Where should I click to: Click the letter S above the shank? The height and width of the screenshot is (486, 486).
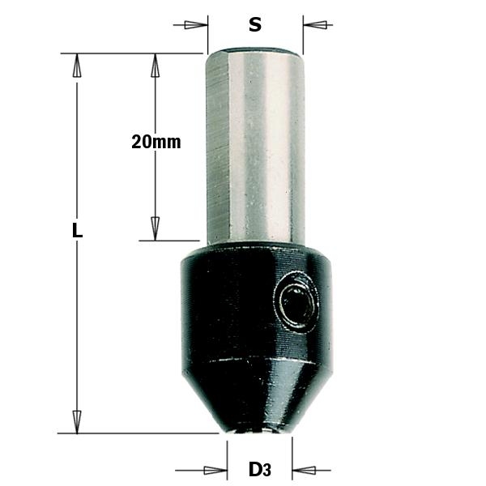[x=255, y=25]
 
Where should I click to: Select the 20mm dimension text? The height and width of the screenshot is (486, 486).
[x=156, y=142]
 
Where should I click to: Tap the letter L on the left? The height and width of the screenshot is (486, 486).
[x=78, y=230]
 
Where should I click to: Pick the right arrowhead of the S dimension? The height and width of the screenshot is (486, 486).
[x=315, y=25]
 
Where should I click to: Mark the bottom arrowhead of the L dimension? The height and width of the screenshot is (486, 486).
[x=78, y=421]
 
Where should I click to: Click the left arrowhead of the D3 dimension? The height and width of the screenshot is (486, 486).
[x=215, y=469]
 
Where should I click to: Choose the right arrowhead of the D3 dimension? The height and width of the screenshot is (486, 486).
[x=302, y=469]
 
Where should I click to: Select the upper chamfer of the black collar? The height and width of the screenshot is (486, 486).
[x=255, y=253]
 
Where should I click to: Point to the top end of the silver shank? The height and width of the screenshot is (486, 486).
[x=255, y=51]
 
